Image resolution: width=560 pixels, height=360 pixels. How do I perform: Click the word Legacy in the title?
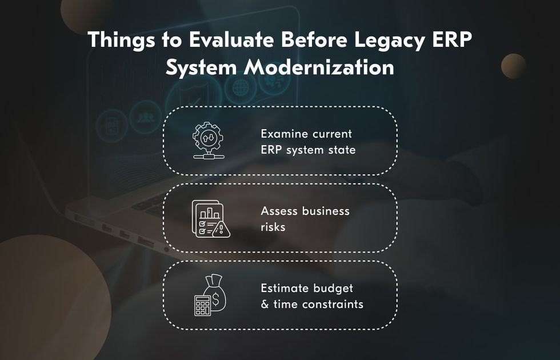point(390,40)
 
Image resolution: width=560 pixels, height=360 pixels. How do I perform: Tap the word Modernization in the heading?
point(319,67)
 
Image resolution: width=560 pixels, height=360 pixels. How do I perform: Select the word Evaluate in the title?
point(231,39)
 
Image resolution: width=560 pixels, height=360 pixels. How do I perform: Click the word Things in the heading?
point(121,40)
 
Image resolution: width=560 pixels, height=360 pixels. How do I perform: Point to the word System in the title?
point(201,68)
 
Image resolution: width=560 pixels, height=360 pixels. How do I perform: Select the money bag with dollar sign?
point(215,293)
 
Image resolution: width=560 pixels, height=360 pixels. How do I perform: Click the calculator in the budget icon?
point(202,305)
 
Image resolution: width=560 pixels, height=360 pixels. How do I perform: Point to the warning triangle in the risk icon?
point(221,230)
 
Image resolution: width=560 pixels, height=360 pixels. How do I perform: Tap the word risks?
point(273,227)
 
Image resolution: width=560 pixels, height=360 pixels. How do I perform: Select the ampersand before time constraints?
point(265,304)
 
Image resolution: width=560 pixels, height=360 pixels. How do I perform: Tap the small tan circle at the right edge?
point(514,66)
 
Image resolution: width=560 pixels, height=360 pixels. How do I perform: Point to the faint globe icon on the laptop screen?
point(241,87)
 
